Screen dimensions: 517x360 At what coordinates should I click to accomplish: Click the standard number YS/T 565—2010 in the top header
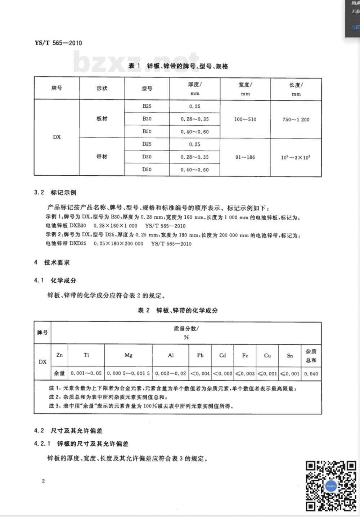coord(58,43)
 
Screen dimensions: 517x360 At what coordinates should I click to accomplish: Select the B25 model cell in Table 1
coord(147,106)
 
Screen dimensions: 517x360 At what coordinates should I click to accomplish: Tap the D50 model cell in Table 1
coord(147,170)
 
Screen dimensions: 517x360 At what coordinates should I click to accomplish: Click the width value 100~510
coord(245,119)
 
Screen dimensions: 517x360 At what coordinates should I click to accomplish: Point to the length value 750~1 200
coord(296,120)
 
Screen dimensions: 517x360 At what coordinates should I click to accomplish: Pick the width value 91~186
coord(245,157)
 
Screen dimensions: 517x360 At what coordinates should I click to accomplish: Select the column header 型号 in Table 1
coord(147,89)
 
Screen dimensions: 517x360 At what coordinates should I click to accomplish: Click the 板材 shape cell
coord(102,119)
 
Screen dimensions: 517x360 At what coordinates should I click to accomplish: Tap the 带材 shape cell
coord(102,157)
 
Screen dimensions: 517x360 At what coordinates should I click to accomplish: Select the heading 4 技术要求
coord(52,262)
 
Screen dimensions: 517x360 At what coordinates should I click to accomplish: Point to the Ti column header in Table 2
coord(86,355)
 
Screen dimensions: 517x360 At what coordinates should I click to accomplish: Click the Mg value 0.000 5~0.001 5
coord(129,373)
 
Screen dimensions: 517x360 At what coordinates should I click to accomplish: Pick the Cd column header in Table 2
coord(222,355)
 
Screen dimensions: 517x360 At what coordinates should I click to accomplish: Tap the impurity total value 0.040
coord(311,374)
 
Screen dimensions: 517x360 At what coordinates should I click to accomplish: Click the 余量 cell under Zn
coord(59,373)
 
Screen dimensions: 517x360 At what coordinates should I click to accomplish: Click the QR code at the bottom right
coord(331,486)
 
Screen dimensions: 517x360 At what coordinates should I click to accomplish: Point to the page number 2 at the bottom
coord(44,481)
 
